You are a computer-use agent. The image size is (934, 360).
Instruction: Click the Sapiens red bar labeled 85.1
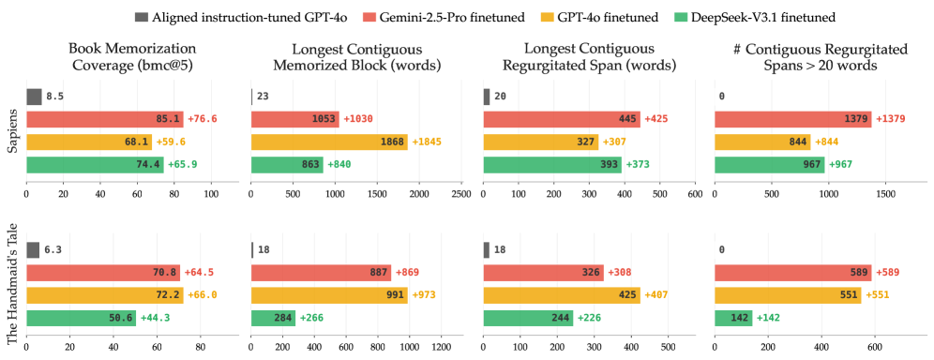point(105,119)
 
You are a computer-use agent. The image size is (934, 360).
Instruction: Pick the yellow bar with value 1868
point(329,142)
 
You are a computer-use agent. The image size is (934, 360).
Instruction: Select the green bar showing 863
point(287,165)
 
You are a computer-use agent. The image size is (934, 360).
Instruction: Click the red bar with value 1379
point(792,119)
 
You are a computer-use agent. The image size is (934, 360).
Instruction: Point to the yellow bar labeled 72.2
point(105,295)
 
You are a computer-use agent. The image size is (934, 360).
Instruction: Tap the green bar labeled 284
point(274,319)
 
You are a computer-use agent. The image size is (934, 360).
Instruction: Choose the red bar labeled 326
point(543,273)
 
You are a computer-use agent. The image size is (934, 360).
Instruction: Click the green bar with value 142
point(733,319)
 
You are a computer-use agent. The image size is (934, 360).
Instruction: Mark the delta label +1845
point(427,142)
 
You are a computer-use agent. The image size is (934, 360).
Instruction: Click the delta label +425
point(656,119)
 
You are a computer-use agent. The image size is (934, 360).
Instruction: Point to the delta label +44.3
point(155,319)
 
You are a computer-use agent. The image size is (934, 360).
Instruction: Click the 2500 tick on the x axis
point(461,194)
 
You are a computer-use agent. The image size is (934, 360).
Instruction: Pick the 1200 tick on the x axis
point(442,347)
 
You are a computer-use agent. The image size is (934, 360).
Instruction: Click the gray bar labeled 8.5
point(34,97)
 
